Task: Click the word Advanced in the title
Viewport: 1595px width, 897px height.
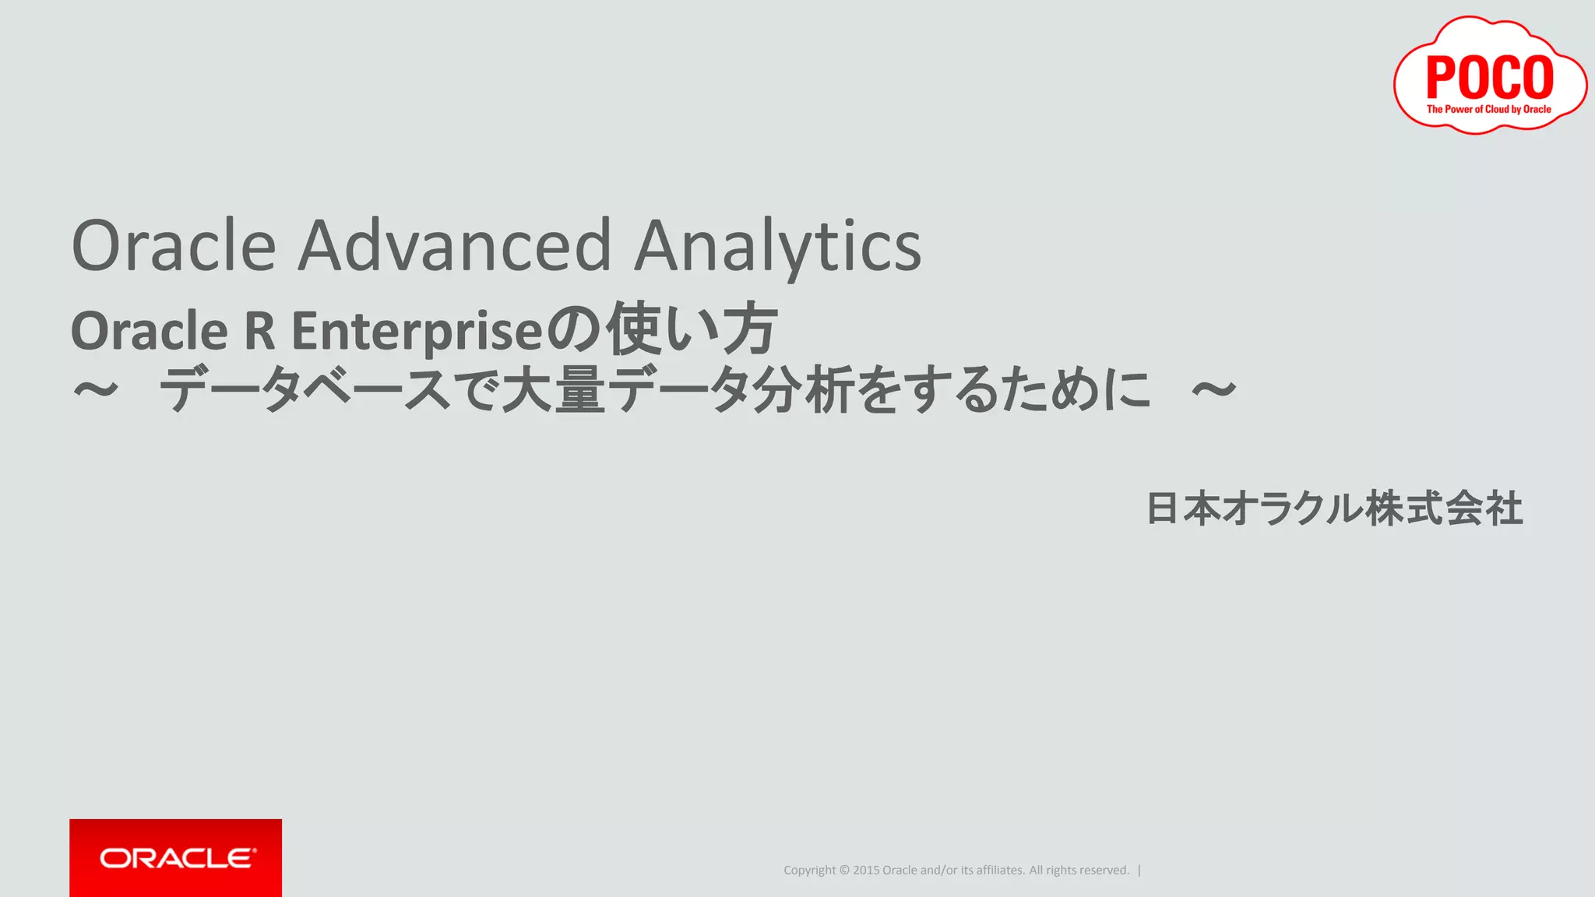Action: [455, 246]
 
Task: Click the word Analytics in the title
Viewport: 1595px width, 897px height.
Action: [777, 246]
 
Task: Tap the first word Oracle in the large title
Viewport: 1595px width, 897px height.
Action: [173, 246]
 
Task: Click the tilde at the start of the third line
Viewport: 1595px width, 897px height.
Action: [96, 389]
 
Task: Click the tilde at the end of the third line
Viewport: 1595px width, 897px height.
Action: [1213, 389]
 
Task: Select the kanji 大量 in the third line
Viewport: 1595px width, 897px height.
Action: [553, 389]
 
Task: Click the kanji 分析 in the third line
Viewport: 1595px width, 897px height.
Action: [804, 389]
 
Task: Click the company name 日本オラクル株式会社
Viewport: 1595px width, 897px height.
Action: [1334, 508]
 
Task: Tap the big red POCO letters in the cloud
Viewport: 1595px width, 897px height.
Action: [1489, 76]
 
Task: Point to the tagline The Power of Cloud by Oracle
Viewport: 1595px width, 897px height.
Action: [1488, 110]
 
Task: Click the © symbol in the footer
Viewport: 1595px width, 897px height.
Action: [844, 871]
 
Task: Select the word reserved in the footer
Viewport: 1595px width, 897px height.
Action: [1103, 871]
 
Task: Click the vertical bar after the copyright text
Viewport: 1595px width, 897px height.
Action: [1139, 871]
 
